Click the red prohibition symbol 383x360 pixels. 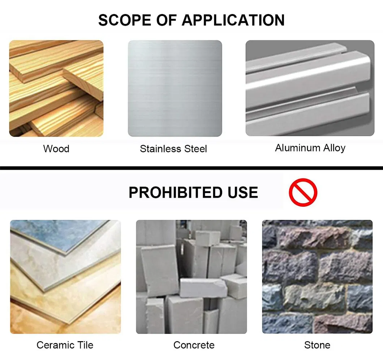click(303, 192)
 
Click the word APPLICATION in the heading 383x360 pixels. click(233, 20)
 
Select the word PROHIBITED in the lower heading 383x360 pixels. click(175, 192)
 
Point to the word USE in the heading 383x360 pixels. click(243, 192)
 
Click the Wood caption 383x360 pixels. click(56, 149)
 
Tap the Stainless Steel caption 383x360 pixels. click(173, 149)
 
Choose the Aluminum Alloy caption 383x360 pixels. click(310, 148)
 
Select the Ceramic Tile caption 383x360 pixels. click(65, 345)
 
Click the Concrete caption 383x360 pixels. click(194, 345)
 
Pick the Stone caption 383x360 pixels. click(317, 345)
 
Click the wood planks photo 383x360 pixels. click(56, 89)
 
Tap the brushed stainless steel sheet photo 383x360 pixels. click(175, 89)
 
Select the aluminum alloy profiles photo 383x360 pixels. click(310, 88)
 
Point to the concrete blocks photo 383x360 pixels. click(191, 277)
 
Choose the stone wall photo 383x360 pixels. click(317, 277)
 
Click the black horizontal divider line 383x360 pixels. click(191, 168)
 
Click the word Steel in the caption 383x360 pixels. click(195, 149)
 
